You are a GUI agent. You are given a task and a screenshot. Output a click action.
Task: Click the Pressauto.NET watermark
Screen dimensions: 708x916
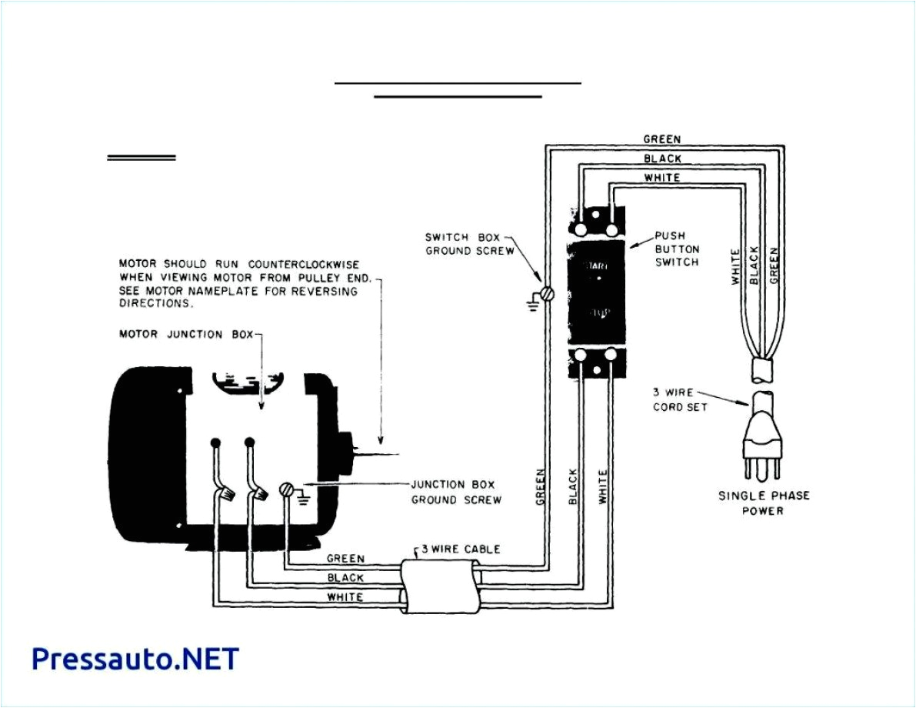(x=135, y=659)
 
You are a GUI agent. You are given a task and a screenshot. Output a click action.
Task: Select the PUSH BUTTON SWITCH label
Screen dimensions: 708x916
(x=677, y=249)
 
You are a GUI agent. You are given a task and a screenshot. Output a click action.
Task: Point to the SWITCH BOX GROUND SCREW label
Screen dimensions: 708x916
(x=469, y=245)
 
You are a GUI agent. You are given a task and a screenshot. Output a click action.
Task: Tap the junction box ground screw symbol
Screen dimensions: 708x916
(x=286, y=489)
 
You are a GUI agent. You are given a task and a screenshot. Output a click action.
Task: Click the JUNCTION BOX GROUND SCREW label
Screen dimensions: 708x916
(x=456, y=492)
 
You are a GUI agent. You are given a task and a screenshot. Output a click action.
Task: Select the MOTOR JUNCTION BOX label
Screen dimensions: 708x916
(x=185, y=335)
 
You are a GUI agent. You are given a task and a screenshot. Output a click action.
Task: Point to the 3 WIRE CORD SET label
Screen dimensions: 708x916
(x=679, y=399)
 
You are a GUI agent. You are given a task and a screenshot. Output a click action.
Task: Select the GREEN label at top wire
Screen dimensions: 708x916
(x=661, y=139)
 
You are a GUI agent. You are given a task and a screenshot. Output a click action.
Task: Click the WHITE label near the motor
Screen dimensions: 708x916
(x=345, y=596)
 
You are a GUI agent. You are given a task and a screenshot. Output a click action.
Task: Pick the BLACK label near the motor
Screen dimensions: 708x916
(x=345, y=577)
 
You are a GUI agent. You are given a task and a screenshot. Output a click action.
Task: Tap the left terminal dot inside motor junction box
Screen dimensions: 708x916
(x=215, y=442)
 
